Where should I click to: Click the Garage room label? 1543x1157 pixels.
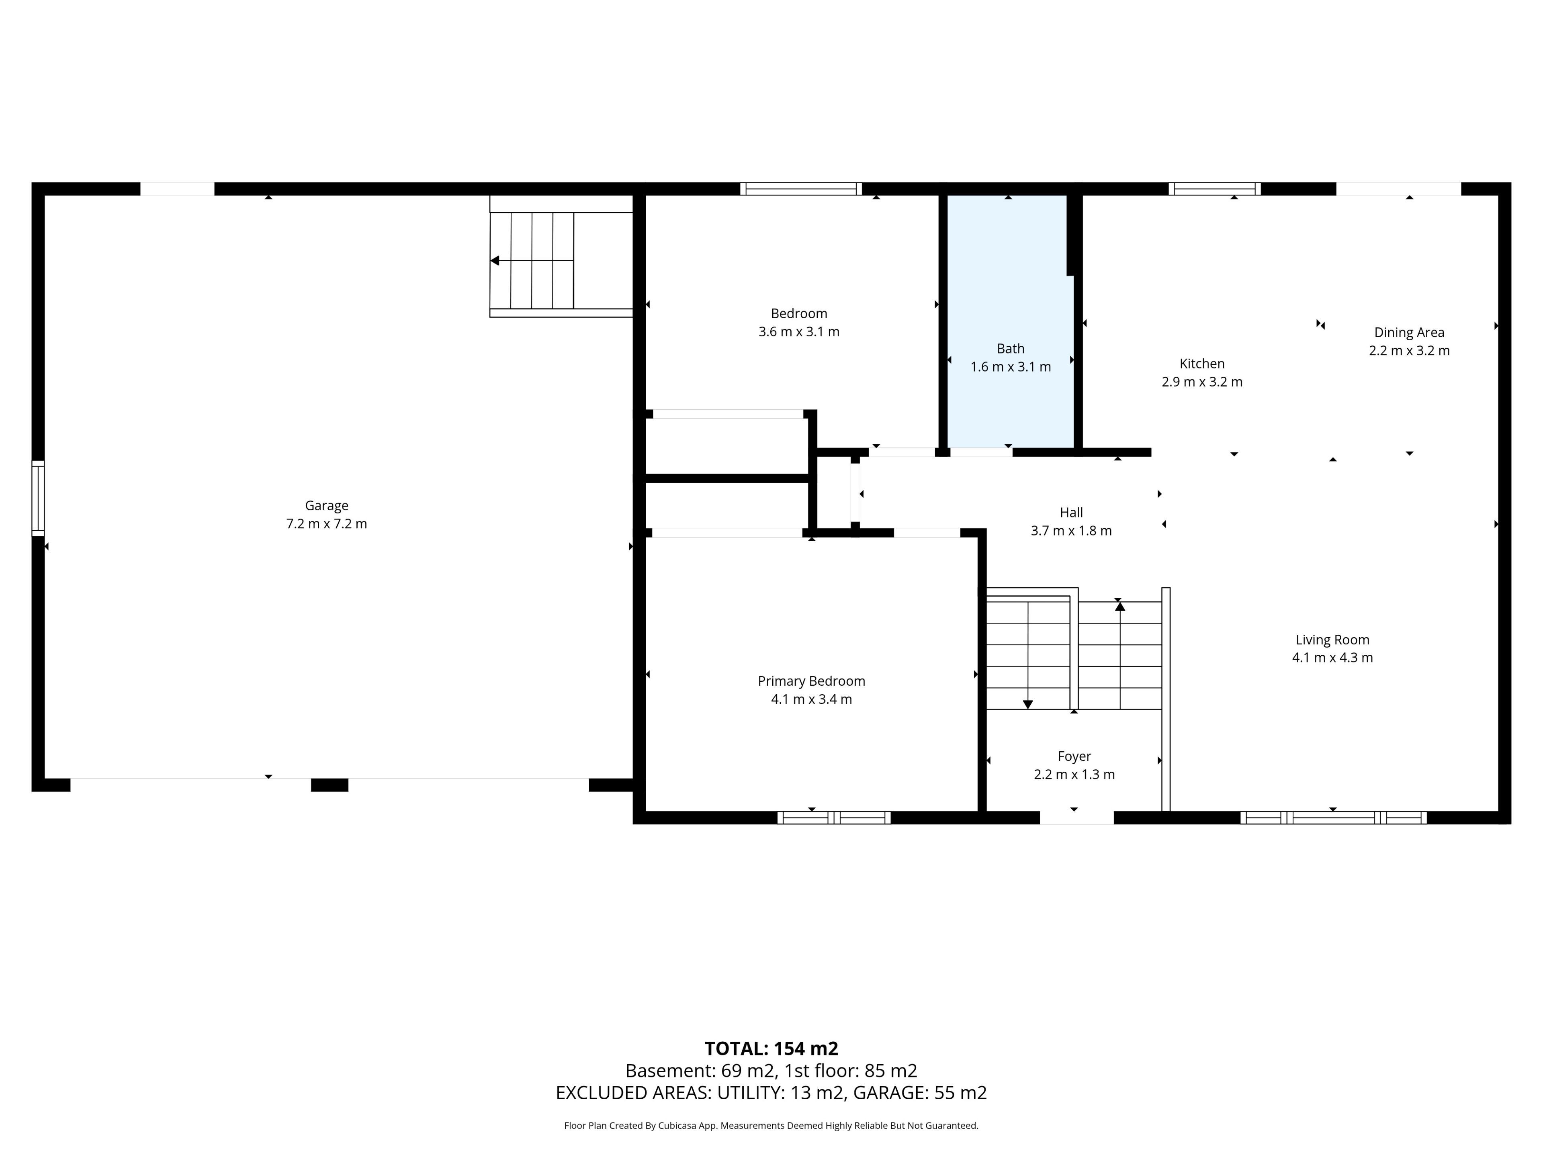pyautogui.click(x=326, y=506)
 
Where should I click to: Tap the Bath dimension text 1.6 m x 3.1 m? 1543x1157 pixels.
pyautogui.click(x=1010, y=367)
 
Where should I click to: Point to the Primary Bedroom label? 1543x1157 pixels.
pyautogui.click(x=811, y=681)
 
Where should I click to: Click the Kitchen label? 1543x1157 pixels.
pyautogui.click(x=1202, y=363)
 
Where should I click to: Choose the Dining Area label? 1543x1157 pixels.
pyautogui.click(x=1409, y=333)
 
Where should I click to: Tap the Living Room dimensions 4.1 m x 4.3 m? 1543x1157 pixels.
pyautogui.click(x=1332, y=658)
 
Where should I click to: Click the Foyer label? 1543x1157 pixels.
pyautogui.click(x=1074, y=756)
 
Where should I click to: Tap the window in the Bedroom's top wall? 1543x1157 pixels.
pyautogui.click(x=801, y=188)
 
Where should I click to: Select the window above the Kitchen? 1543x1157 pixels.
pyautogui.click(x=1214, y=188)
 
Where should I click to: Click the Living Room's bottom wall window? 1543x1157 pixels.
pyautogui.click(x=1333, y=818)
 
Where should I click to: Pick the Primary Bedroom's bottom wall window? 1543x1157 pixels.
pyautogui.click(x=834, y=818)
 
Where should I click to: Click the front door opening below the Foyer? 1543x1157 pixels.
pyautogui.click(x=1076, y=818)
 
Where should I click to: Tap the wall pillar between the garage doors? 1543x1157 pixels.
pyautogui.click(x=329, y=785)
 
